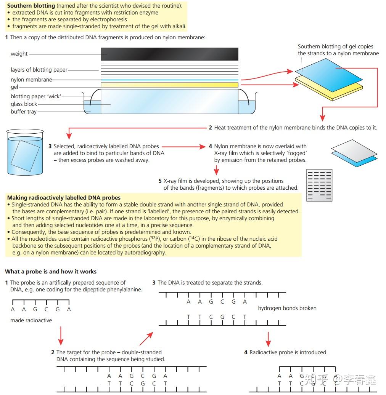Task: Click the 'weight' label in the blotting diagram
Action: pos(19,54)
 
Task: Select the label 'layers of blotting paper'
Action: pos(39,70)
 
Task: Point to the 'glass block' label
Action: pos(24,104)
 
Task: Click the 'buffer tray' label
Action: pos(24,112)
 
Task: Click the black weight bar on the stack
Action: pos(169,54)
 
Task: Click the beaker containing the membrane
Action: pos(25,152)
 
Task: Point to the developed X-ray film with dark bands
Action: pos(319,185)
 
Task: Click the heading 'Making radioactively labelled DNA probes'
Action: pos(64,198)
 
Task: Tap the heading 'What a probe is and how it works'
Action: pos(51,272)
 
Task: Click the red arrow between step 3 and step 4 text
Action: pos(183,146)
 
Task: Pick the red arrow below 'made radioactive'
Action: pos(60,336)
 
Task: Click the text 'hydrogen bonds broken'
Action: pos(287,308)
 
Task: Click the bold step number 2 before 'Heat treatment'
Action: pos(210,128)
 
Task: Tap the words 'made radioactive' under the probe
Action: pos(31,320)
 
